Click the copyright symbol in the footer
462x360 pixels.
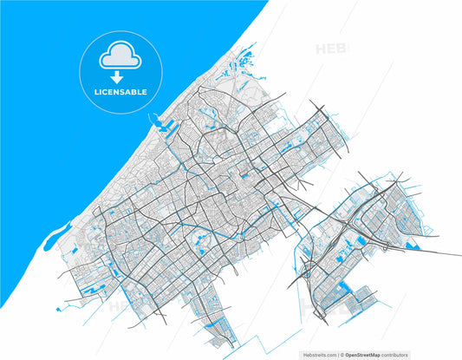coord(341,355)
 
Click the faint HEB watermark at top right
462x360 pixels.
coord(332,49)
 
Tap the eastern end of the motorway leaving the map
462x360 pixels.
coord(458,255)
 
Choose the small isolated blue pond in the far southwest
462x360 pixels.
coord(61,308)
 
